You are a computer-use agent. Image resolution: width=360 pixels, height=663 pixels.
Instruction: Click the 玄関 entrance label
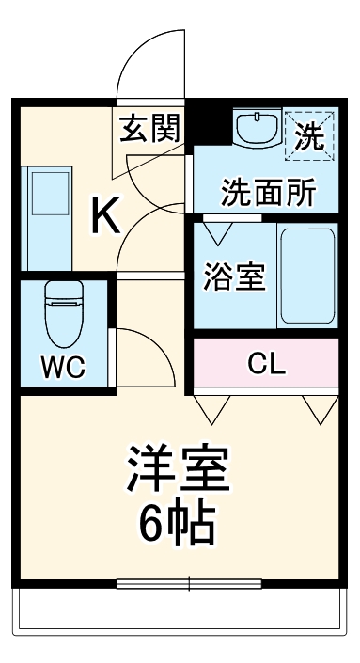[x=149, y=129]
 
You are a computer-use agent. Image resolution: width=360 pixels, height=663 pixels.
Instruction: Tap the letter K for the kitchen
[x=104, y=217]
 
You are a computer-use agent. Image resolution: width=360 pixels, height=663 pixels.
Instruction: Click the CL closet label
[x=267, y=363]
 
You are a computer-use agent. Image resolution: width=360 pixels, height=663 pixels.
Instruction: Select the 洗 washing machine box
[x=310, y=131]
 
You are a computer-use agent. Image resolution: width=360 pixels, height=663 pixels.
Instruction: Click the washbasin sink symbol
[x=256, y=129]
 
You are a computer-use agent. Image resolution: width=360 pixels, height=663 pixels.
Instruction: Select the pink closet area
[x=267, y=363]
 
